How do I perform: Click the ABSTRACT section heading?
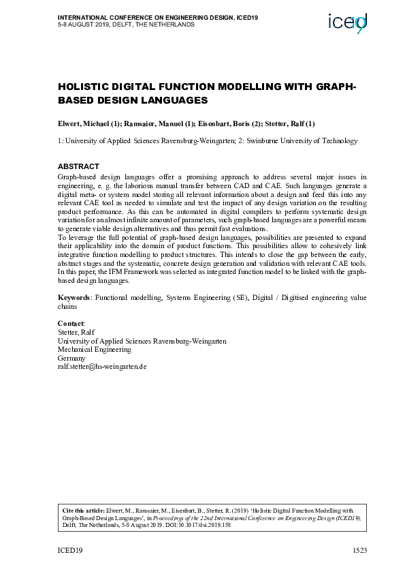point(78,166)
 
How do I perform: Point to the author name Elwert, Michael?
point(84,123)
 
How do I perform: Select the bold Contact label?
point(71,322)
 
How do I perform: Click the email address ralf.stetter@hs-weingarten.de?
point(102,367)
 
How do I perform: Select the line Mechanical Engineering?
point(95,349)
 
